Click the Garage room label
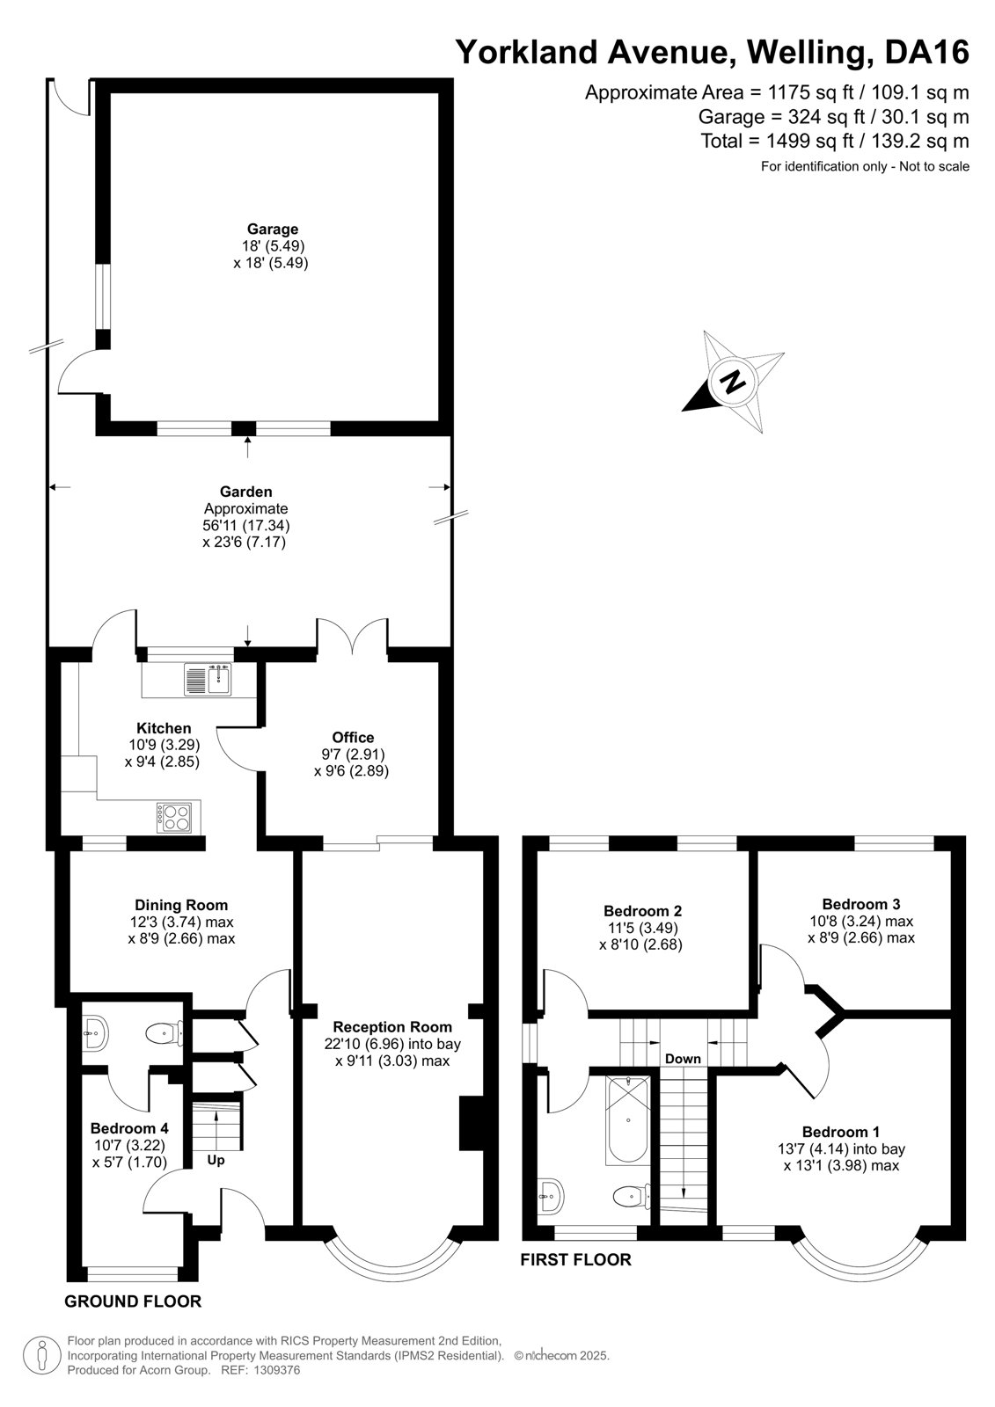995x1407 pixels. click(272, 230)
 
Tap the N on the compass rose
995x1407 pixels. click(732, 382)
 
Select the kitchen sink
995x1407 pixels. click(208, 680)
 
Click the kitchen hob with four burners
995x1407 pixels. click(174, 817)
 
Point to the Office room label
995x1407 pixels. click(353, 738)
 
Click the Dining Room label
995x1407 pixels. click(181, 905)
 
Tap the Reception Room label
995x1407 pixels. click(392, 1027)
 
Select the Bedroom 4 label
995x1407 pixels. click(129, 1128)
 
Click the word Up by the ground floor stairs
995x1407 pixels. click(216, 1160)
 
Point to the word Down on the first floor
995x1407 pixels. click(683, 1059)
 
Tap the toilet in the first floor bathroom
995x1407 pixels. click(631, 1196)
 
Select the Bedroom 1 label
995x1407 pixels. click(841, 1132)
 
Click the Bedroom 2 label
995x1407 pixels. click(642, 911)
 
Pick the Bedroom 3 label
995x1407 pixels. click(861, 904)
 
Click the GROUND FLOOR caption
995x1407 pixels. click(133, 1301)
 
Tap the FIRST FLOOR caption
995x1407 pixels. click(575, 1259)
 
